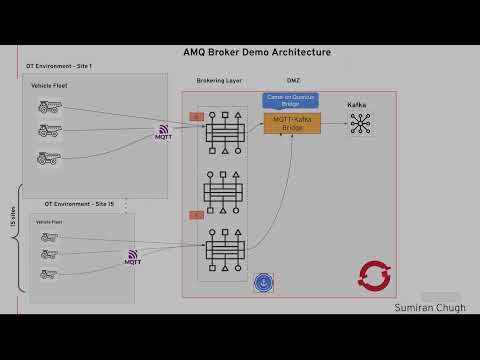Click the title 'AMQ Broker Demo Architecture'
tap(257, 52)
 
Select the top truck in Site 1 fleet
tap(50, 107)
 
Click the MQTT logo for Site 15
tap(132, 258)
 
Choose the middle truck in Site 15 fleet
tap(48, 255)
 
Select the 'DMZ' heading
tap(293, 79)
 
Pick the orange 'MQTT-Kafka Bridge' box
tap(291, 124)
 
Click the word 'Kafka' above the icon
tap(358, 105)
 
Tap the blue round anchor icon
tap(264, 282)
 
